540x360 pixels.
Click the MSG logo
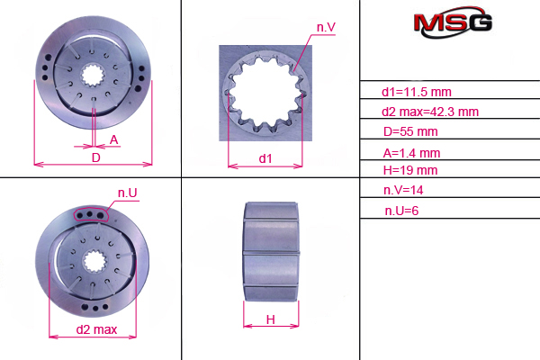pos(453,22)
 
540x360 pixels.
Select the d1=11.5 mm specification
pos(417,92)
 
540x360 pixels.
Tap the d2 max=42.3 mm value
pos(430,112)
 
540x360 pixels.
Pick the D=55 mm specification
pos(410,131)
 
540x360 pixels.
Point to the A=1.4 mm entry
pos(411,153)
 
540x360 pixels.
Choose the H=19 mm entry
pos(410,170)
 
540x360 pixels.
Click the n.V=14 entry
pos(403,190)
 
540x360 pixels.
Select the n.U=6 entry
pos(401,211)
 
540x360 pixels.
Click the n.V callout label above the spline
pos(326,28)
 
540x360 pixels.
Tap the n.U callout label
pos(128,193)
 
